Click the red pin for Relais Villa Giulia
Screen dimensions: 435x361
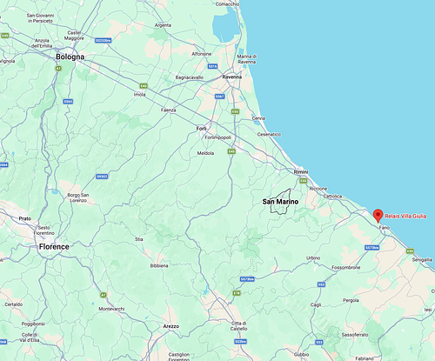377,215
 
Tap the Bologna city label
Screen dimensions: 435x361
70,57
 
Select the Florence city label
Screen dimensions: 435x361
54,247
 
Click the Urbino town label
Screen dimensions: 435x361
313,258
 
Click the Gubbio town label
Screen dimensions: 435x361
301,355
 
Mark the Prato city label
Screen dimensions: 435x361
24,218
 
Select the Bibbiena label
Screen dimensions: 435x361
159,265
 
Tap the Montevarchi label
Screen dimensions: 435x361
112,309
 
